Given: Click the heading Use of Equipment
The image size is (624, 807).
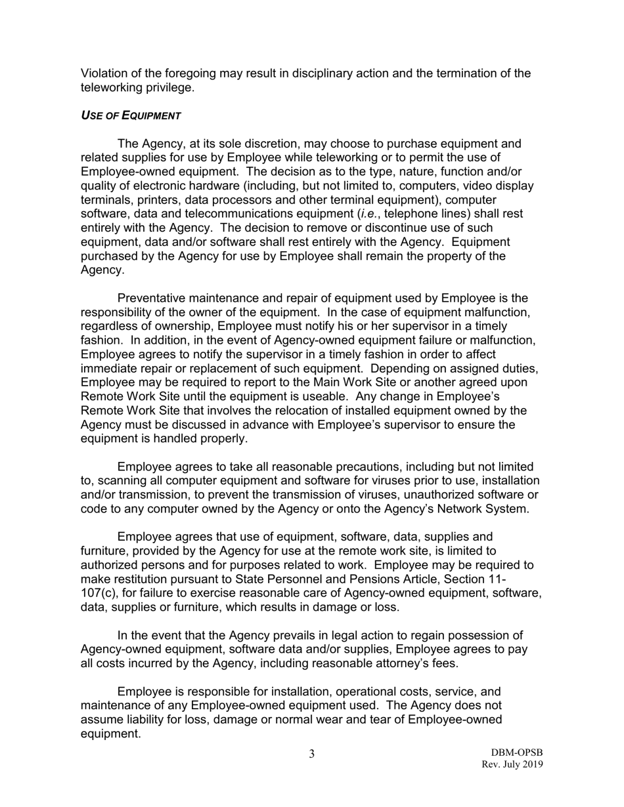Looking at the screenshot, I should pyautogui.click(x=131, y=115).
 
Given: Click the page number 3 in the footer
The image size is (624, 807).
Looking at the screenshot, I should pyautogui.click(x=312, y=754).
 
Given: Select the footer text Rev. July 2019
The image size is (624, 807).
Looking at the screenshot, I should pyautogui.click(x=512, y=764).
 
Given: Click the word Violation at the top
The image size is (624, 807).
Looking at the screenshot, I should pyautogui.click(x=104, y=73).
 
